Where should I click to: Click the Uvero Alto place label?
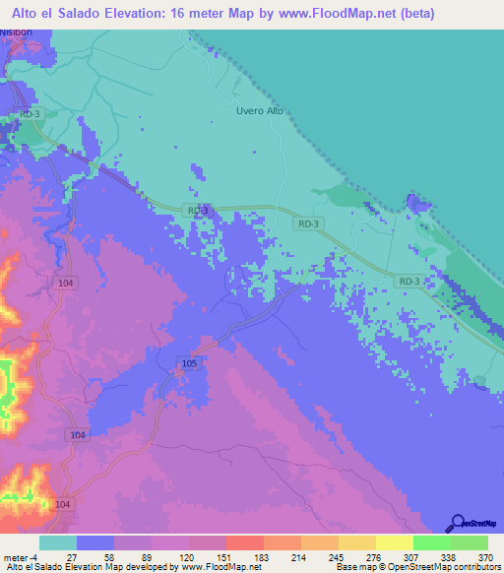[260, 110]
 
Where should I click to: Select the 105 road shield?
[190, 364]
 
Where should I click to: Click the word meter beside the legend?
[17, 556]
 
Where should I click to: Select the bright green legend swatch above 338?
[431, 542]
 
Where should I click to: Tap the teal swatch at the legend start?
[58, 542]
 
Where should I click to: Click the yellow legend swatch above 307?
[394, 542]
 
